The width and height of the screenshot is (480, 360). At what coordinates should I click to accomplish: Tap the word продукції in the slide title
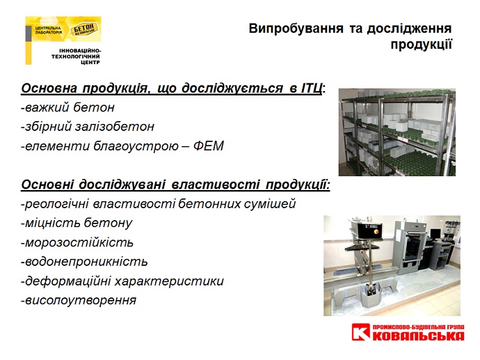click(422, 45)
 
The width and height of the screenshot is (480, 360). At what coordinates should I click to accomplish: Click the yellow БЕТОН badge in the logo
click(84, 29)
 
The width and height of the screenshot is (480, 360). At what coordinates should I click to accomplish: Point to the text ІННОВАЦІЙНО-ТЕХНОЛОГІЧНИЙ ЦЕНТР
click(76, 56)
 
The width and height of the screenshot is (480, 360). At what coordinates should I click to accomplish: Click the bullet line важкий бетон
click(67, 107)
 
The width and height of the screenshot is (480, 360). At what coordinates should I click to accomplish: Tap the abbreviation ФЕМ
click(209, 146)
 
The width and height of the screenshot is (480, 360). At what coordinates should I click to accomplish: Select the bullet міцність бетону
click(77, 224)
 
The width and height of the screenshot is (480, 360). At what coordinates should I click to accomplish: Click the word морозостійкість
click(77, 242)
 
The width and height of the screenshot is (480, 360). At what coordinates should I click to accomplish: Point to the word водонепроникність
click(84, 262)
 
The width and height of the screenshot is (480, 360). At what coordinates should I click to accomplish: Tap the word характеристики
click(169, 281)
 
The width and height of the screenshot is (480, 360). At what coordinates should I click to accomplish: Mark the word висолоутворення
click(79, 300)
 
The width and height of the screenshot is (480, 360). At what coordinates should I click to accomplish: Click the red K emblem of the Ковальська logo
click(360, 332)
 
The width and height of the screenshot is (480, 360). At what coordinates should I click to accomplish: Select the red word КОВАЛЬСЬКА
click(418, 336)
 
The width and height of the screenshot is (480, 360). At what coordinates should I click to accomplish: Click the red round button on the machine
click(376, 233)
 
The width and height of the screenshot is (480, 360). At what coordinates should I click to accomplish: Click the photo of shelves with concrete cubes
click(397, 132)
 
